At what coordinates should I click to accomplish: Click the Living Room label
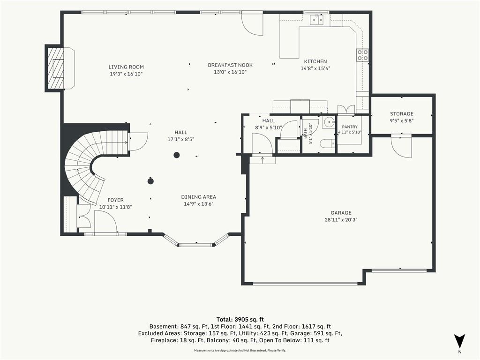[x=126, y=67]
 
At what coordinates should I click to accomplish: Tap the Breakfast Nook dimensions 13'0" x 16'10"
[x=230, y=72]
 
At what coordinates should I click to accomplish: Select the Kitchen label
[x=315, y=61]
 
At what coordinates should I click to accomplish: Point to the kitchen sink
[x=316, y=20]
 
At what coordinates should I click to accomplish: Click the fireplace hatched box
[x=55, y=68]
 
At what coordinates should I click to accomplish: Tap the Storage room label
[x=402, y=113]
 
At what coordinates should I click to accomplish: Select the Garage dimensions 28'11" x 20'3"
[x=341, y=219]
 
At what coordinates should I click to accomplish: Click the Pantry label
[x=350, y=127]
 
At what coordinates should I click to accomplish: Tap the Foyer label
[x=115, y=200]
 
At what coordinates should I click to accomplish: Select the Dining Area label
[x=198, y=197]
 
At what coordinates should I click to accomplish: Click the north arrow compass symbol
[x=459, y=341]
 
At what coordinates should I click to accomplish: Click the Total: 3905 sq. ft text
[x=240, y=320]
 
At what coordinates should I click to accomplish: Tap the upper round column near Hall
[x=176, y=155]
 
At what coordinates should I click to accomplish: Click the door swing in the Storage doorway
[x=402, y=147]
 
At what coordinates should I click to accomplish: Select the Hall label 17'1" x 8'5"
[x=180, y=136]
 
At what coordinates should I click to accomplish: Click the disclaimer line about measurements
[x=240, y=351]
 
